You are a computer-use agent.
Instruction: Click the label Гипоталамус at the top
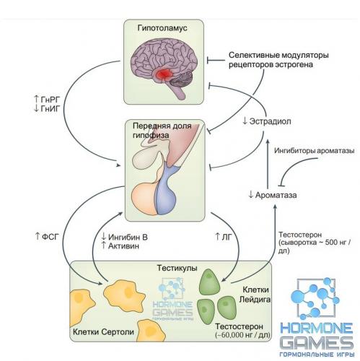click(162, 28)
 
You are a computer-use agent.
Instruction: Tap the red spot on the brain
click(164, 73)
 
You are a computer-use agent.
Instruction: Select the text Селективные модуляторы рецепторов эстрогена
click(278, 60)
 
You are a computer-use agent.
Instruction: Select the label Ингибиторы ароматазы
click(314, 151)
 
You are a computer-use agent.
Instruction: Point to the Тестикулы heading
click(177, 268)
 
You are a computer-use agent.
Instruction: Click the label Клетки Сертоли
click(103, 332)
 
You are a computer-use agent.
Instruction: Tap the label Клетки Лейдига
click(255, 295)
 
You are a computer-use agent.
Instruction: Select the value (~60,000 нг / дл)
click(242, 335)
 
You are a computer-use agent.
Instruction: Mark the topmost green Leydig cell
click(209, 282)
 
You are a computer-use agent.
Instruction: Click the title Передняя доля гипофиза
click(162, 131)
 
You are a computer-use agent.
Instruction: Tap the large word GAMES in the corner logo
click(317, 342)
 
